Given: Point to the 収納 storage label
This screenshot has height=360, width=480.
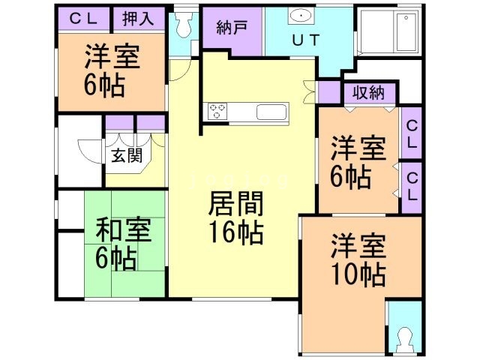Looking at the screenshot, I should (x=370, y=94).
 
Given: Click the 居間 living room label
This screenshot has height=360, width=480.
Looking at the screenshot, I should (x=231, y=204).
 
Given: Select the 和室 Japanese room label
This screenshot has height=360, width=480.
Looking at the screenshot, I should (x=121, y=229).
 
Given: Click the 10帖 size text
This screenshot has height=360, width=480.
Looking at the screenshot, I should (x=357, y=273).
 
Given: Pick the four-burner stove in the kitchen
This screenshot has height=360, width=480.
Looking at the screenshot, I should (x=217, y=112).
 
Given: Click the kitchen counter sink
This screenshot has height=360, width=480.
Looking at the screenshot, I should (x=271, y=112).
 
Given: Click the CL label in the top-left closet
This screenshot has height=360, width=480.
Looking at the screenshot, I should (x=82, y=18).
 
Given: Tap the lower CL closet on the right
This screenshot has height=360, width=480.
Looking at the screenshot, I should (x=412, y=184).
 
